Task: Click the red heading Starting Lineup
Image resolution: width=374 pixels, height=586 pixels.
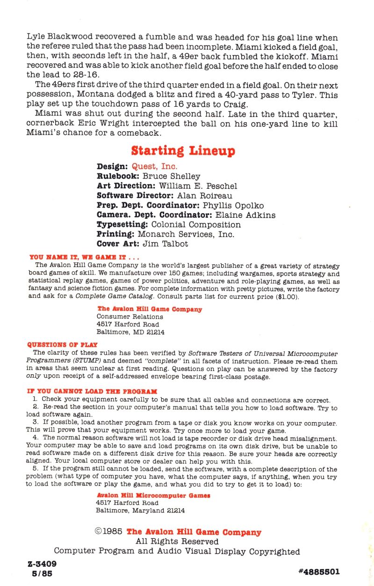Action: pyautogui.click(x=183, y=151)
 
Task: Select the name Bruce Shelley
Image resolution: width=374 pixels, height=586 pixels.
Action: pyautogui.click(x=171, y=176)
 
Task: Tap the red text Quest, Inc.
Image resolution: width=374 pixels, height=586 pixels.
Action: pyautogui.click(x=155, y=166)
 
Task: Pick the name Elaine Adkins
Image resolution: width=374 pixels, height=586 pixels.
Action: pyautogui.click(x=245, y=215)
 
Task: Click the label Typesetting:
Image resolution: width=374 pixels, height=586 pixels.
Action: pyautogui.click(x=122, y=225)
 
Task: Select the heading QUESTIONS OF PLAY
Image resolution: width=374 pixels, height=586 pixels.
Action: pyautogui.click(x=63, y=345)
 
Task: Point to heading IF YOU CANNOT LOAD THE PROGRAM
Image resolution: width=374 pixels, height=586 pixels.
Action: pyautogui.click(x=92, y=391)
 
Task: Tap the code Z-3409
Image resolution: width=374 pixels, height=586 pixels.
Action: pyautogui.click(x=43, y=564)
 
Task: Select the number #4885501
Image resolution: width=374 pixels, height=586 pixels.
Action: pyautogui.click(x=318, y=572)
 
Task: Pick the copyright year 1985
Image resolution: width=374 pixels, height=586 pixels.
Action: pyautogui.click(x=114, y=532)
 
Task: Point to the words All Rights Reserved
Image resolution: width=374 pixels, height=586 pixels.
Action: pyautogui.click(x=177, y=541)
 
